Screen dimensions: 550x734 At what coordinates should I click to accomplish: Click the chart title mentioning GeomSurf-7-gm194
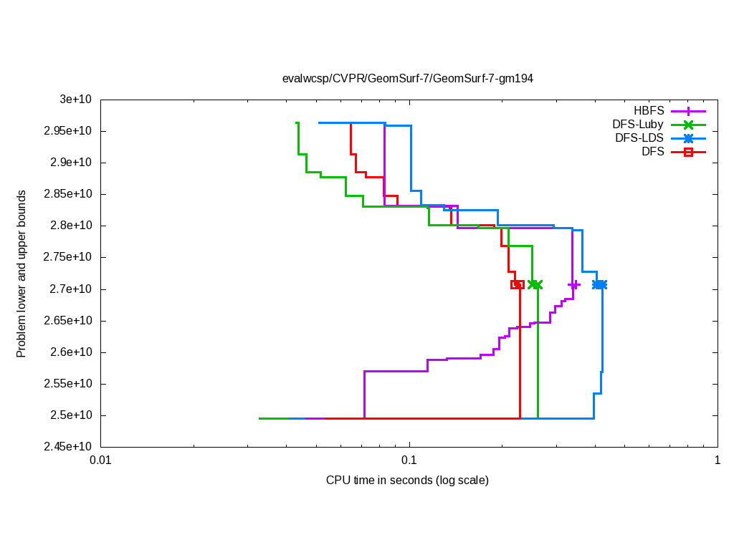[407, 78]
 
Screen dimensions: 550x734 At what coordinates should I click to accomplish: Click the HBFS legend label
[649, 111]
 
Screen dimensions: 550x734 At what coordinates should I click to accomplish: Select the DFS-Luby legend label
[634, 125]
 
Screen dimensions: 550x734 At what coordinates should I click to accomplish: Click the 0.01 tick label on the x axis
[101, 461]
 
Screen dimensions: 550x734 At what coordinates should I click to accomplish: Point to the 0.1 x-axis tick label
[409, 461]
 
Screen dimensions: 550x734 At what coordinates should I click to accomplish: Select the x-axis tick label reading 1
[717, 461]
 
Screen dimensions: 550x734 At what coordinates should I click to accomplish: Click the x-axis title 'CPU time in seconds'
[407, 480]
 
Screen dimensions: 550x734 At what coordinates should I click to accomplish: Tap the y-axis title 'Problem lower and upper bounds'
[22, 274]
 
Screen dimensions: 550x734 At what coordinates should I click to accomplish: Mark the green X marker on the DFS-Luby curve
[535, 284]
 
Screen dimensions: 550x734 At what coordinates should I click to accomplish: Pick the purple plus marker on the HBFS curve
[573, 284]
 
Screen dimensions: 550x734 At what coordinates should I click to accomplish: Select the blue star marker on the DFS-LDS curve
[599, 284]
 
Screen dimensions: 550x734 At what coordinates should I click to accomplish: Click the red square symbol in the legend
[688, 152]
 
